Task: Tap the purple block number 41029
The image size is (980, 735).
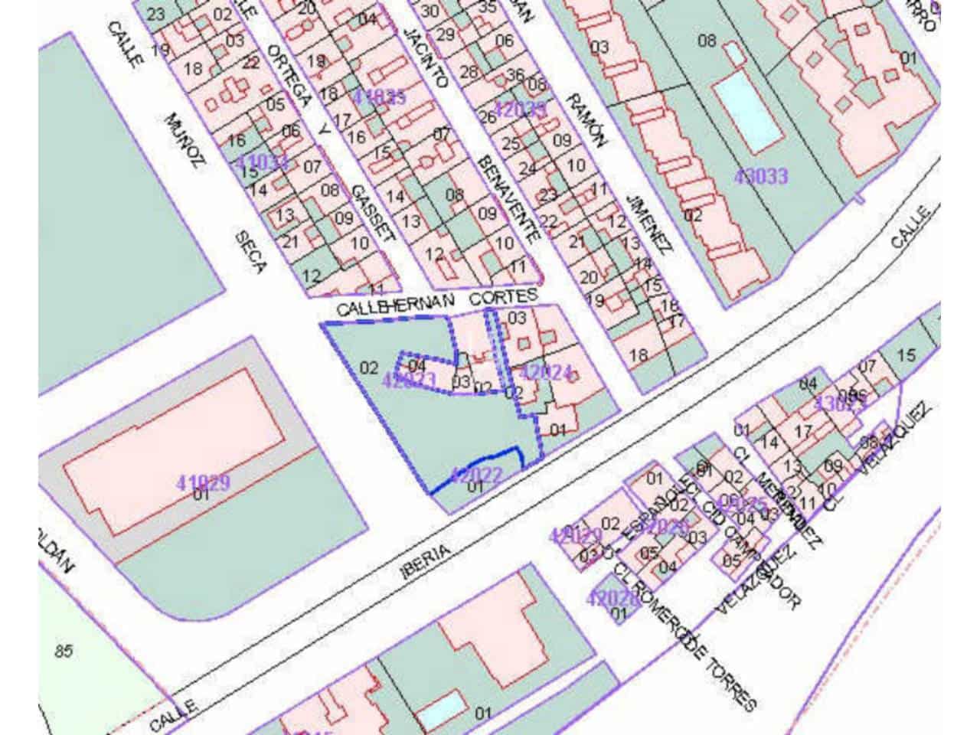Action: pos(203,483)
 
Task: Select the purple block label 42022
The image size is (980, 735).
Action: pos(476,475)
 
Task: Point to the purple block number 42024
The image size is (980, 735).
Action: pos(546,373)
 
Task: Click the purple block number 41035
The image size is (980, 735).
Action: pos(381,97)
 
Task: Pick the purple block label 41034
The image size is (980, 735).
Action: pos(262,162)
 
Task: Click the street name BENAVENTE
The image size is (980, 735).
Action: pos(507,197)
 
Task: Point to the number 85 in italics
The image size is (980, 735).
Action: pos(64,652)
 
